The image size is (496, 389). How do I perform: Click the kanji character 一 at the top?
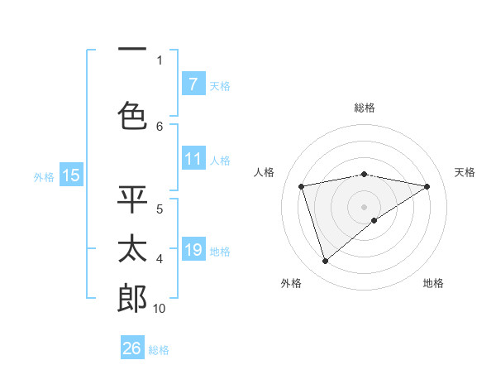[x=132, y=48]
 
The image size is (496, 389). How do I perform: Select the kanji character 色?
[x=132, y=115]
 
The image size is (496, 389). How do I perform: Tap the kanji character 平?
[x=132, y=199]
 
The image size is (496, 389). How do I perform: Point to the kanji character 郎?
[x=132, y=299]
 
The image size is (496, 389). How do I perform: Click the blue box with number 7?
[x=193, y=84]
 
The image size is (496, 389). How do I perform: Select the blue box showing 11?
[x=193, y=159]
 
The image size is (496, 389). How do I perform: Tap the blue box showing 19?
[x=193, y=251]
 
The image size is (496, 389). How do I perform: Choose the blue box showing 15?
[x=71, y=175]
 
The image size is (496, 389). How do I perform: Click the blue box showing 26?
[x=132, y=348]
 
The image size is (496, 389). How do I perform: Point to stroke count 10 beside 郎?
[x=159, y=309]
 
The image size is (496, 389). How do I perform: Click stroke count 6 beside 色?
[x=160, y=126]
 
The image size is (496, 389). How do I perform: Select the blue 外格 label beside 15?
[x=44, y=176]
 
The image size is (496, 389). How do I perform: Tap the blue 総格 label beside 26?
[x=159, y=349]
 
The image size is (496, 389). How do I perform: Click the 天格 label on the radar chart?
[x=465, y=172]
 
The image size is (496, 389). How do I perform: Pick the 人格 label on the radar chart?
[x=265, y=172]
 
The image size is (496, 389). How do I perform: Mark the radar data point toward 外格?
[x=325, y=262]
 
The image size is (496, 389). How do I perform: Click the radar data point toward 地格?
[x=374, y=220]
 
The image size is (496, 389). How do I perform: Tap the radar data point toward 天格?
[x=427, y=186]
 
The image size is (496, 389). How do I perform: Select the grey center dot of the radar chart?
[x=364, y=206]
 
